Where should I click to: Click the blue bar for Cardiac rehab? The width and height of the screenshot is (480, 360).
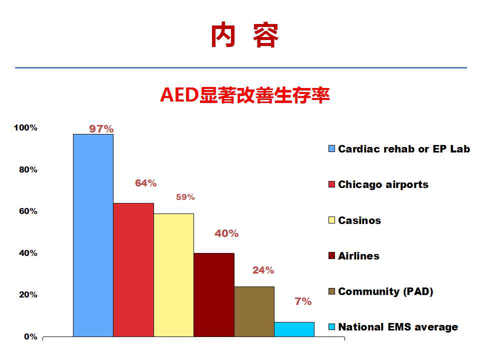click(x=93, y=235)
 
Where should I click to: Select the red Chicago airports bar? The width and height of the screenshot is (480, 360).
click(x=133, y=270)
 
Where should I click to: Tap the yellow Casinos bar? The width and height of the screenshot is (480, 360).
click(x=173, y=275)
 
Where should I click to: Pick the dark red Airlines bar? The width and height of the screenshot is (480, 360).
click(x=214, y=295)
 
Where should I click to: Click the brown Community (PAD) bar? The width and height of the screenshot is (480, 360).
click(x=254, y=311)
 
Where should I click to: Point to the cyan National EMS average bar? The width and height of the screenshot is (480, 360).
click(x=294, y=329)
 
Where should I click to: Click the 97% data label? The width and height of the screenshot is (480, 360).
click(x=101, y=129)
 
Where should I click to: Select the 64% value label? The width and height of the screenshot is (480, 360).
click(x=145, y=183)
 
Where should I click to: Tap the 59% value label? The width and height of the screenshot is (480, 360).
click(x=185, y=197)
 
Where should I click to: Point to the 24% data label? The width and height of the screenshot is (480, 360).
click(x=263, y=270)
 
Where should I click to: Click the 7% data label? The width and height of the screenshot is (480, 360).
click(x=303, y=301)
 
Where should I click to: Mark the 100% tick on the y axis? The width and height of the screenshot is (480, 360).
click(x=25, y=127)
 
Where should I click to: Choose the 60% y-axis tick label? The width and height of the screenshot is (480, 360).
click(x=28, y=211)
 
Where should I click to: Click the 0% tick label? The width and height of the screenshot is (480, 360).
click(x=30, y=336)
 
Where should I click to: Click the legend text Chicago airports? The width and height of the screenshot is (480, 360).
click(x=383, y=184)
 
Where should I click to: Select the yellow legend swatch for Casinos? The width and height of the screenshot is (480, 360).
click(x=331, y=220)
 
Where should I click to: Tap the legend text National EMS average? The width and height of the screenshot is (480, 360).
click(x=398, y=327)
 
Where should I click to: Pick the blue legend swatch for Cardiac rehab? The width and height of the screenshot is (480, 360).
click(x=331, y=149)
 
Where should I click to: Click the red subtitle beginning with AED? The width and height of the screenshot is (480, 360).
click(x=244, y=95)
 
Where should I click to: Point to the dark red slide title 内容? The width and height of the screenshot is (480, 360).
click(x=245, y=34)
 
